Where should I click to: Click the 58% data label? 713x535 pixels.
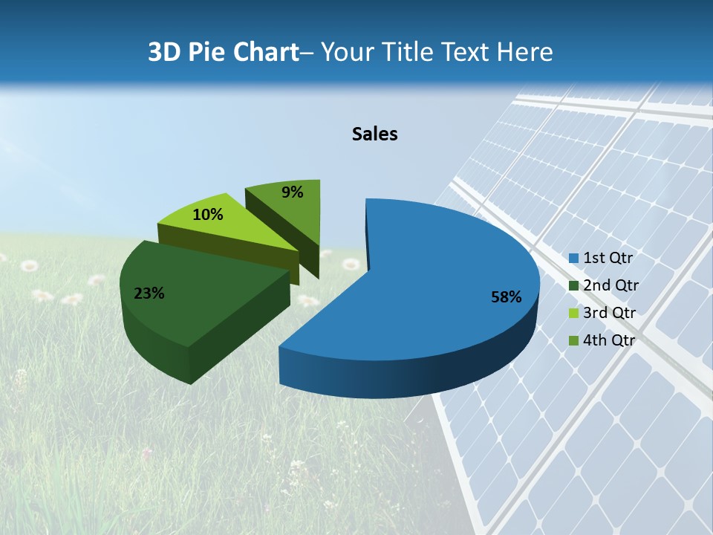507,297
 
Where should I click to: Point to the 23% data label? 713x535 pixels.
149,294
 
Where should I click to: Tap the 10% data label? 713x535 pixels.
207,215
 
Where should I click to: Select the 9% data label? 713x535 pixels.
293,192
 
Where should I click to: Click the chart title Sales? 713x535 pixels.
375,134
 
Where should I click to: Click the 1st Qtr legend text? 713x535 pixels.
608,258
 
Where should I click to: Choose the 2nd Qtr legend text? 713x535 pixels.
611,285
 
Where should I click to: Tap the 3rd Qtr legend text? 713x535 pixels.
610,313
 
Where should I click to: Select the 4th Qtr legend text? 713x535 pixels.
610,340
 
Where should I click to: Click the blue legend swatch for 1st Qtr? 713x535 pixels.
573,259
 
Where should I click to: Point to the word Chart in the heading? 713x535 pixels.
267,52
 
